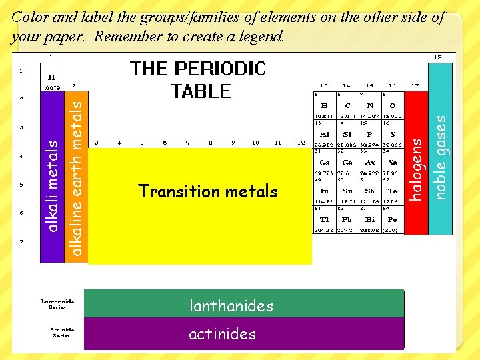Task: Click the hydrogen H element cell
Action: (x=51, y=77)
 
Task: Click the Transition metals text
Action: (x=207, y=191)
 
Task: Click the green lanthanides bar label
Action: (x=231, y=306)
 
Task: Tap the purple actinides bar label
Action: (x=222, y=333)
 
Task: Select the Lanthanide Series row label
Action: (x=57, y=304)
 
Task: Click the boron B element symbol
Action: (x=325, y=105)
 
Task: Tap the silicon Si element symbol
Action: (x=347, y=134)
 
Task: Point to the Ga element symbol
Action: (x=325, y=163)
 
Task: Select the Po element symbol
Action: (x=392, y=219)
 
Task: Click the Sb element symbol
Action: (x=370, y=191)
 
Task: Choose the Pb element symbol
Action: (x=347, y=219)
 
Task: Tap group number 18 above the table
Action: (x=438, y=57)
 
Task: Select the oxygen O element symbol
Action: (x=392, y=105)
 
